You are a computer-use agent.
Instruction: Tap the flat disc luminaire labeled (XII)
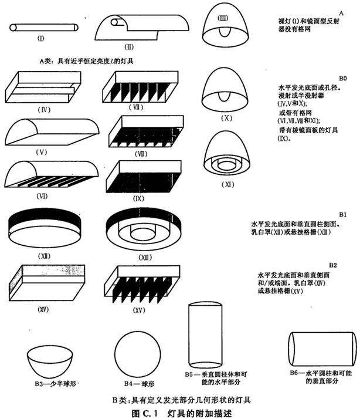(x=45, y=226)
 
